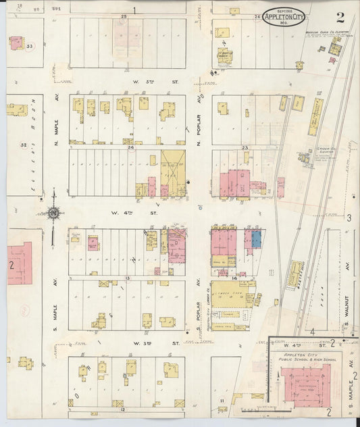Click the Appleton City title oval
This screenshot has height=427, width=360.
coord(284,17)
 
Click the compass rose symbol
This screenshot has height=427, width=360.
coord(52,214)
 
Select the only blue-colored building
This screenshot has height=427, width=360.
coord(256,238)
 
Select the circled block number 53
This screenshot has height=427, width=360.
coord(30,46)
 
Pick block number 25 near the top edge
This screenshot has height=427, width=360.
coord(124,15)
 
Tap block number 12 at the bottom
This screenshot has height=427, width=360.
coord(123,409)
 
